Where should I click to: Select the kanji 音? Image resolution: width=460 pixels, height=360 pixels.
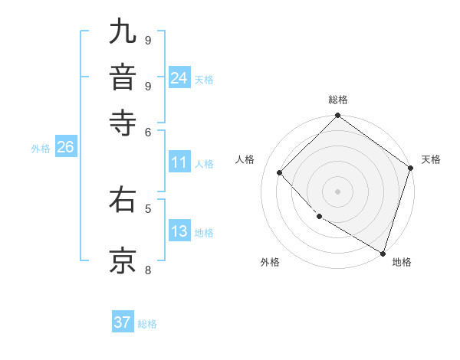pos(123,77)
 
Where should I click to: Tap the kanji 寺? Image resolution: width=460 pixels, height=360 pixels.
pos(123,123)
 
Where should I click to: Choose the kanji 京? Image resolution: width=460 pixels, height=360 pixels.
pos(123,260)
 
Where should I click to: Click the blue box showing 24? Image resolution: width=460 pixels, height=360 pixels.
pos(179,78)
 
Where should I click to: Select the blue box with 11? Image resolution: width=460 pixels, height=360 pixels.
pos(179,162)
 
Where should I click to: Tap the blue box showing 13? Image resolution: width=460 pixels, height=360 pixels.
pos(179,231)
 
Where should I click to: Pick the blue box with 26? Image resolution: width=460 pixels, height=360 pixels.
pos(65,148)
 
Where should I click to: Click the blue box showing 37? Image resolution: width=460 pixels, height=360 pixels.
pos(123,322)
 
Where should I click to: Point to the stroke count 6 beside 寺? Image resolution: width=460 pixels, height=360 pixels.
pos(148,132)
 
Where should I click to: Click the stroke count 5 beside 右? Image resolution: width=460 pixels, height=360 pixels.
pos(148,208)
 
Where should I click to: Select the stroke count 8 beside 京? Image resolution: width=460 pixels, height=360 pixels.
pos(148,269)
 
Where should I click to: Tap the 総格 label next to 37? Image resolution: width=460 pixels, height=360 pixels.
pos(147,324)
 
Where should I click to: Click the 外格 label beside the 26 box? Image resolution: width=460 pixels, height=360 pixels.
pos(40,149)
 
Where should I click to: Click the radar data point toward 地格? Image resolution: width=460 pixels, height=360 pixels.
pos(383,252)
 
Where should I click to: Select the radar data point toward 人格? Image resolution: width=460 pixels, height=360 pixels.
pos(280,172)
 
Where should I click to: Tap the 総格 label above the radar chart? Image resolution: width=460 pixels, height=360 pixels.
pos(338,100)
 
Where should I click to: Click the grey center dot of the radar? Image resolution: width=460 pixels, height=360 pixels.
pos(338,191)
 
